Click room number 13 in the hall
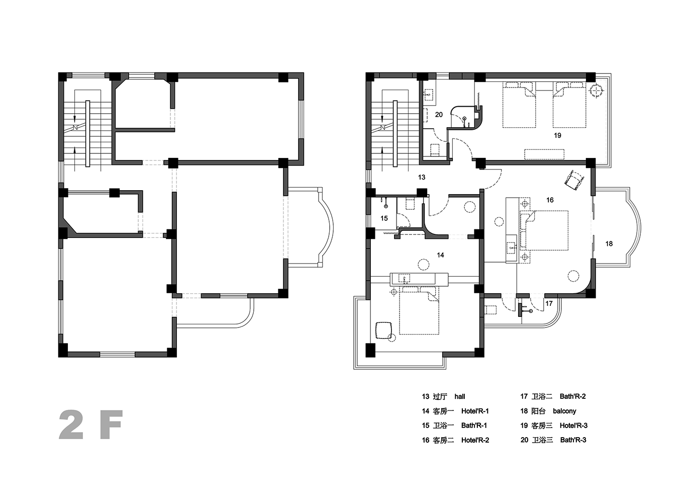pyautogui.click(x=422, y=178)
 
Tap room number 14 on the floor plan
pyautogui.click(x=440, y=255)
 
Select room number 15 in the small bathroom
pyautogui.click(x=384, y=218)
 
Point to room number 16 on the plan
pyautogui.click(x=550, y=200)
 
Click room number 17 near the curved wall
pyautogui.click(x=549, y=303)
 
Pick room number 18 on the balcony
pyautogui.click(x=609, y=244)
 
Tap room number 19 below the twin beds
pyautogui.click(x=557, y=135)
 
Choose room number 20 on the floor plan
pyautogui.click(x=439, y=115)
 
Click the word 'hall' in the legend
pyautogui.click(x=459, y=396)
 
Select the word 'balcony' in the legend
pyautogui.click(x=564, y=411)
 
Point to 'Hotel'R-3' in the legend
pyautogui.click(x=573, y=426)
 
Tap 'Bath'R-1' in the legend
pyautogui.click(x=474, y=426)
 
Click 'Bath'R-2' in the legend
pyautogui.click(x=572, y=396)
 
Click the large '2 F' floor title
pyautogui.click(x=91, y=425)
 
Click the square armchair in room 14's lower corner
pyautogui.click(x=383, y=330)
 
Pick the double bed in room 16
pyautogui.click(x=544, y=230)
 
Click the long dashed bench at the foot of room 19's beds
pyautogui.click(x=544, y=154)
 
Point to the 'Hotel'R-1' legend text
pyautogui.click(x=475, y=411)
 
